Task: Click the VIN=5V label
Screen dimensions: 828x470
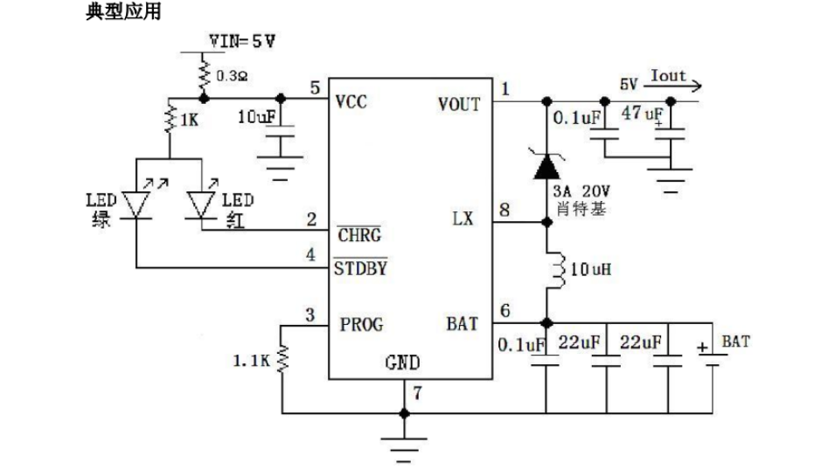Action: (242, 41)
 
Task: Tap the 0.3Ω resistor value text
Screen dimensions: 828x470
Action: (232, 76)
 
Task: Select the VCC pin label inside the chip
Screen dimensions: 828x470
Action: (351, 101)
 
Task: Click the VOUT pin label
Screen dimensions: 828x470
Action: (459, 104)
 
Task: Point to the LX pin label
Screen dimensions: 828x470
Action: (463, 218)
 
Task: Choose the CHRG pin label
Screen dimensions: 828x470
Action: (359, 234)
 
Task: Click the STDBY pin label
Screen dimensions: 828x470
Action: (361, 268)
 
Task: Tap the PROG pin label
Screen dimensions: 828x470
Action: (361, 324)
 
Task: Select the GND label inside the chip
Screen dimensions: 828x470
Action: (402, 363)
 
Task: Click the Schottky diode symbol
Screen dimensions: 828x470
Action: (547, 166)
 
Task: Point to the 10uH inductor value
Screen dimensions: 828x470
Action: (591, 270)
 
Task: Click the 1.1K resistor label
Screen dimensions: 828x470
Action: (251, 361)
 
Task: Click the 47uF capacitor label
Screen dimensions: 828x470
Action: (642, 113)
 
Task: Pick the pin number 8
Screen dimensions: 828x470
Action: (504, 210)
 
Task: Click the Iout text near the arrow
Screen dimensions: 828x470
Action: (668, 75)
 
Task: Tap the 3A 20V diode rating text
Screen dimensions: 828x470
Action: (581, 191)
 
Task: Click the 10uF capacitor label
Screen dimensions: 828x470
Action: (257, 117)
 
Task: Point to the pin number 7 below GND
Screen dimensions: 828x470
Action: (418, 393)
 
